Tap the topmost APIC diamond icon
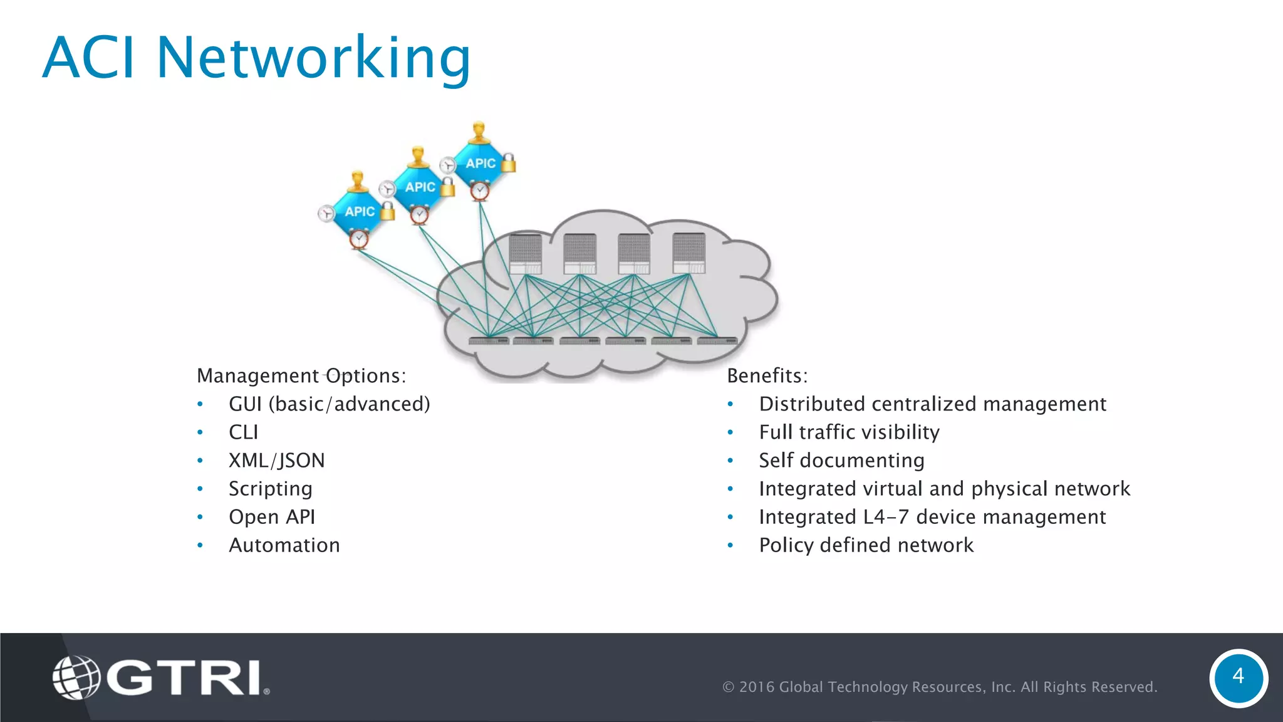click(480, 163)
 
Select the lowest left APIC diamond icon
click(359, 211)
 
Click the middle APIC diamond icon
click(419, 187)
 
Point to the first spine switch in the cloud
click(525, 254)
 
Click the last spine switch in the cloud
click(688, 254)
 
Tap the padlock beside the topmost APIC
click(509, 163)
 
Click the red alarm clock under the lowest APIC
click(359, 239)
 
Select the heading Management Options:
click(301, 376)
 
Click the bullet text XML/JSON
click(276, 461)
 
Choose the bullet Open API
click(272, 517)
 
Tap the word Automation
click(284, 545)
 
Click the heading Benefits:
click(767, 376)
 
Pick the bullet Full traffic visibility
click(849, 432)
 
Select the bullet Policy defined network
click(866, 545)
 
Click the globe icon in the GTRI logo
click(76, 677)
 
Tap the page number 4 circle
click(1238, 678)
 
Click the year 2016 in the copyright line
click(758, 687)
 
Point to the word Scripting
click(270, 489)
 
